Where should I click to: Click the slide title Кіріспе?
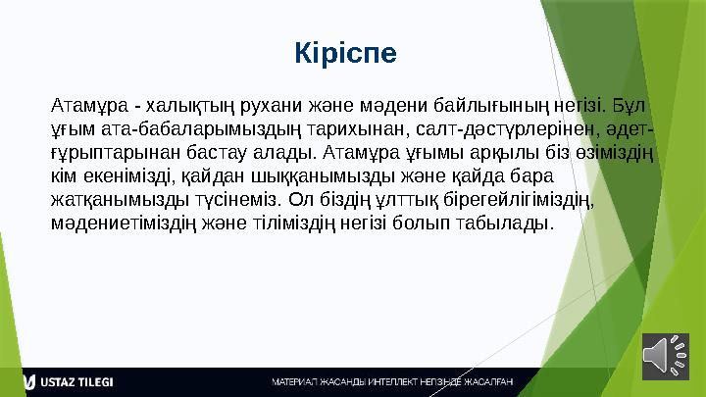346,51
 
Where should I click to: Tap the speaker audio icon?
666,355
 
